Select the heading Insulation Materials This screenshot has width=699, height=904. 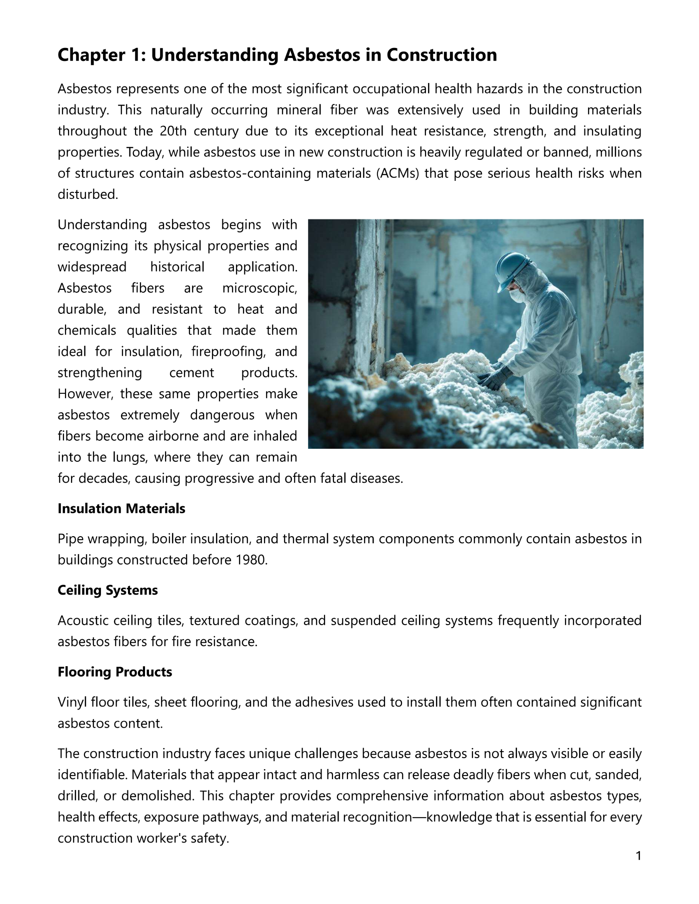[x=121, y=509]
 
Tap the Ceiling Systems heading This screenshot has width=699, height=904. [x=107, y=590]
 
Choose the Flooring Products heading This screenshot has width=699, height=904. [x=114, y=672]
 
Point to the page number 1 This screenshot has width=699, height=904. [x=638, y=856]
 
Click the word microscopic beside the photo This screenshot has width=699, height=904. [x=259, y=288]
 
